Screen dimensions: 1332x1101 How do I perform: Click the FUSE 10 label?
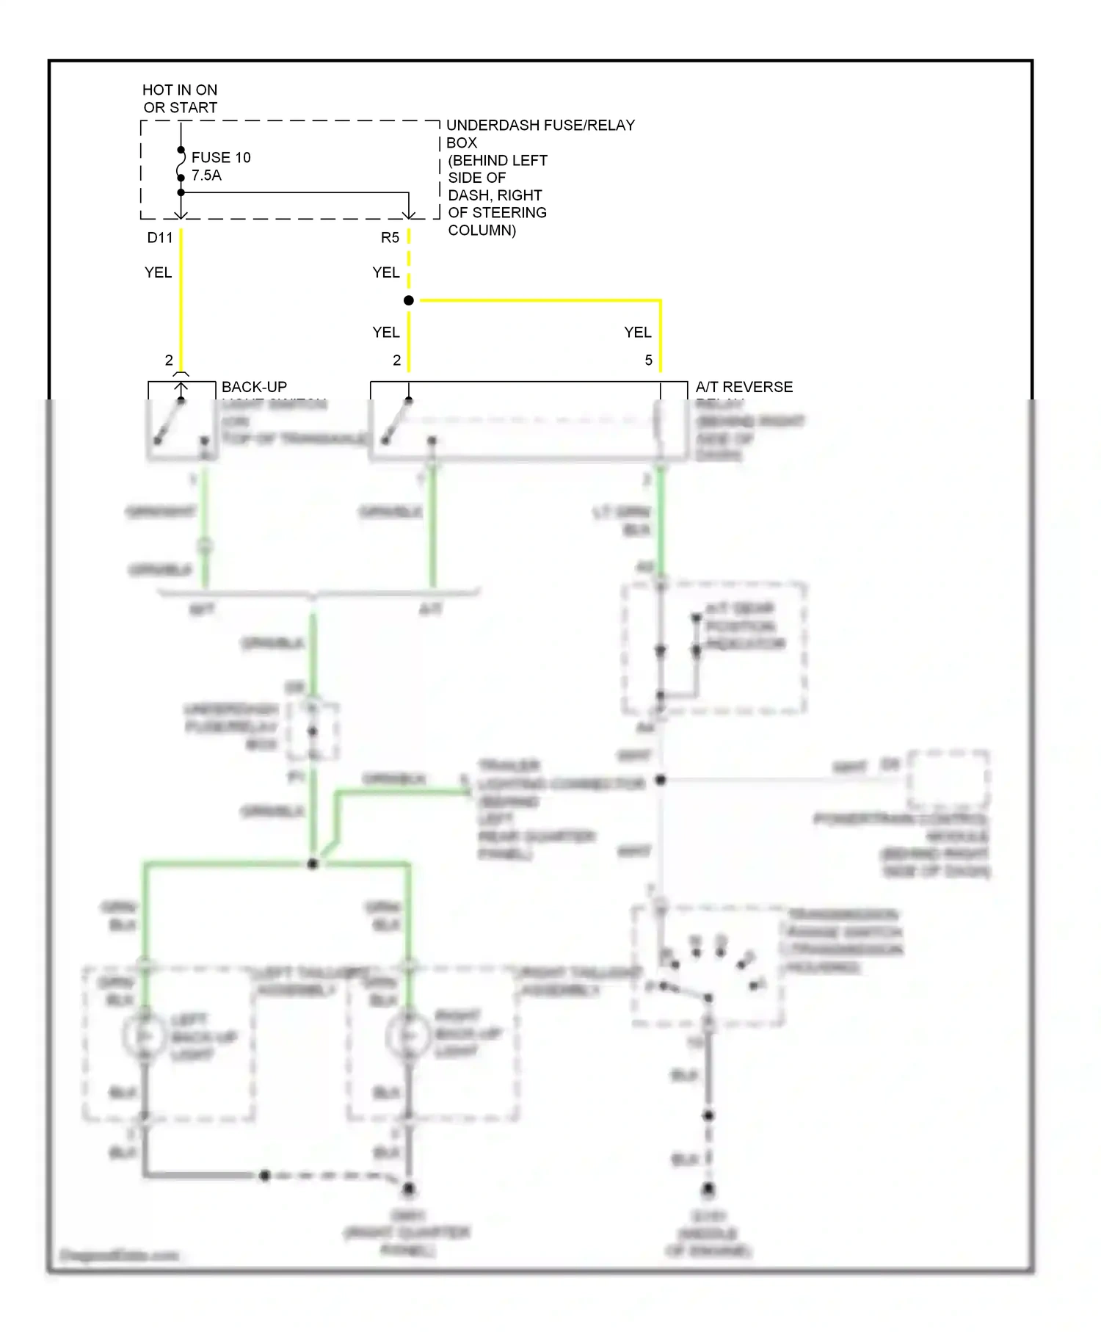(220, 158)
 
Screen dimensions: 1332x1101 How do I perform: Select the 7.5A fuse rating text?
(206, 175)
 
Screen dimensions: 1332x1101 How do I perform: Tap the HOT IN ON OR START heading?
(180, 98)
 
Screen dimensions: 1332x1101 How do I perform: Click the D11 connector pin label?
(159, 238)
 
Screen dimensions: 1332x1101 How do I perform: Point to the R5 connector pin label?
(390, 238)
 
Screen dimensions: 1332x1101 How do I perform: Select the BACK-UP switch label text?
(254, 387)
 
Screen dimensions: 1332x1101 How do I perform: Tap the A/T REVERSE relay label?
(744, 387)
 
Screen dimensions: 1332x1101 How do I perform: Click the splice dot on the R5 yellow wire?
(409, 300)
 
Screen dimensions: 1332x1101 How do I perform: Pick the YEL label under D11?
(158, 272)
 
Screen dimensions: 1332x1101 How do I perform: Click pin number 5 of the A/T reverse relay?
(648, 361)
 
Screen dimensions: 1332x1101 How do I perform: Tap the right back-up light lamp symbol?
(408, 1036)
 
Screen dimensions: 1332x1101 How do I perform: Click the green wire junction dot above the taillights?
(313, 864)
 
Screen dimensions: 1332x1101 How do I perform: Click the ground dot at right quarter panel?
(409, 1188)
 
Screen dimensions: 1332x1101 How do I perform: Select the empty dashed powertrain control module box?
(948, 779)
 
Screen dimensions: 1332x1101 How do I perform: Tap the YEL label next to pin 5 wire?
(637, 333)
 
